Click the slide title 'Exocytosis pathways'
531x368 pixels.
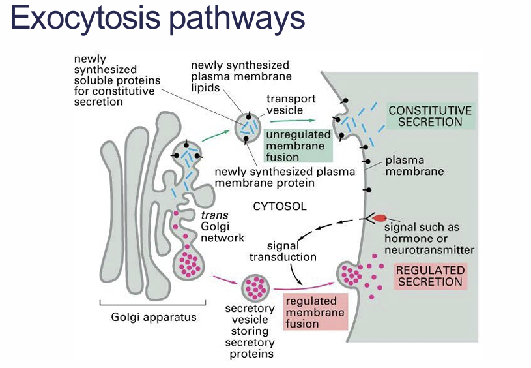coord(158,20)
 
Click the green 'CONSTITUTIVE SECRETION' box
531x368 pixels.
coord(429,116)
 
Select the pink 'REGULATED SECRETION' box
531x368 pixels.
coord(430,276)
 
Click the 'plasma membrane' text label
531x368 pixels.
coord(414,166)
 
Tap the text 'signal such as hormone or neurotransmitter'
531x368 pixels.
coord(429,238)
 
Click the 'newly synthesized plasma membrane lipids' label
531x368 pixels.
coord(239,76)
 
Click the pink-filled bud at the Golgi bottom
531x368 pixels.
coord(190,264)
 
